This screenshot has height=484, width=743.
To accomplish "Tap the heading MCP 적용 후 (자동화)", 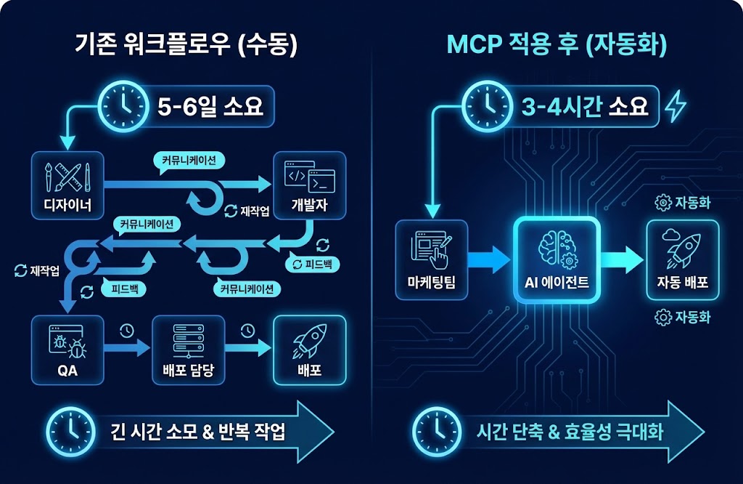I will click(x=557, y=45).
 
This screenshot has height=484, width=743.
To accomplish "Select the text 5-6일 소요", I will click(x=210, y=107).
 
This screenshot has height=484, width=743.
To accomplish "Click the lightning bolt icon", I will click(x=675, y=107).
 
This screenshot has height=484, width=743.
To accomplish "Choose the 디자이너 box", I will click(x=67, y=185).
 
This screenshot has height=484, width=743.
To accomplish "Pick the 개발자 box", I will click(x=309, y=185).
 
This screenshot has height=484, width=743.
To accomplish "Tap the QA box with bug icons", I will click(x=67, y=350).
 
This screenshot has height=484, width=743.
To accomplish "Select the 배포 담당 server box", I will click(x=188, y=350).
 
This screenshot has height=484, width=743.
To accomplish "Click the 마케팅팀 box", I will click(x=432, y=259).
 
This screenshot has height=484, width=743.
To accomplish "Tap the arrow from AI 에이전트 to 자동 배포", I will click(x=622, y=260).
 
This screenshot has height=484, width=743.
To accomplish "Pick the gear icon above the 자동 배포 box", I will click(x=662, y=203).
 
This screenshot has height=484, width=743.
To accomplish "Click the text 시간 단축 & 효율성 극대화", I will click(x=570, y=432).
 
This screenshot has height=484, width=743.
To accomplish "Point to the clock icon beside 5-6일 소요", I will click(x=120, y=106).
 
